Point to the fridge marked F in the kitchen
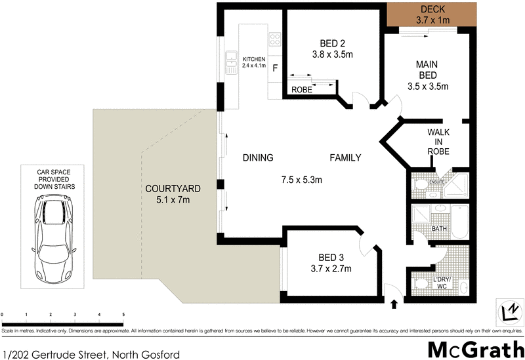point(275,67)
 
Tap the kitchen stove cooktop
point(275,39)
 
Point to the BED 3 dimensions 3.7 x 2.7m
point(331,268)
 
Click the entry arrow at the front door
point(394,304)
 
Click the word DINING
point(257,157)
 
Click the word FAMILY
point(345,157)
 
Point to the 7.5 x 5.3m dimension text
point(302,180)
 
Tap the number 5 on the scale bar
point(123,315)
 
